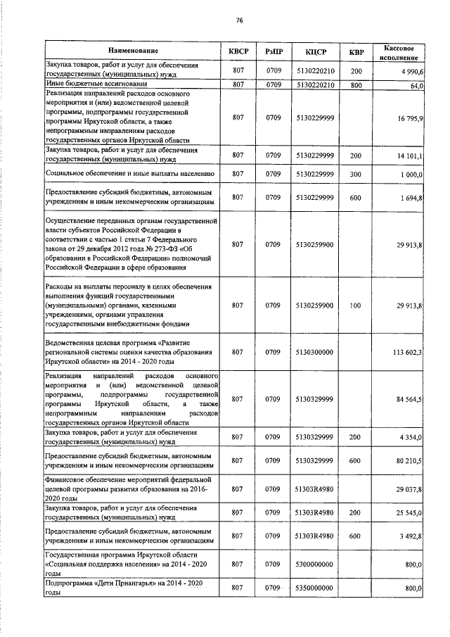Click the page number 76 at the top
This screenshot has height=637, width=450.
click(239, 20)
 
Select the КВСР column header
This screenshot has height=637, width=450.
click(238, 51)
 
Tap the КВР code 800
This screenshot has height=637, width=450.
click(356, 85)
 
